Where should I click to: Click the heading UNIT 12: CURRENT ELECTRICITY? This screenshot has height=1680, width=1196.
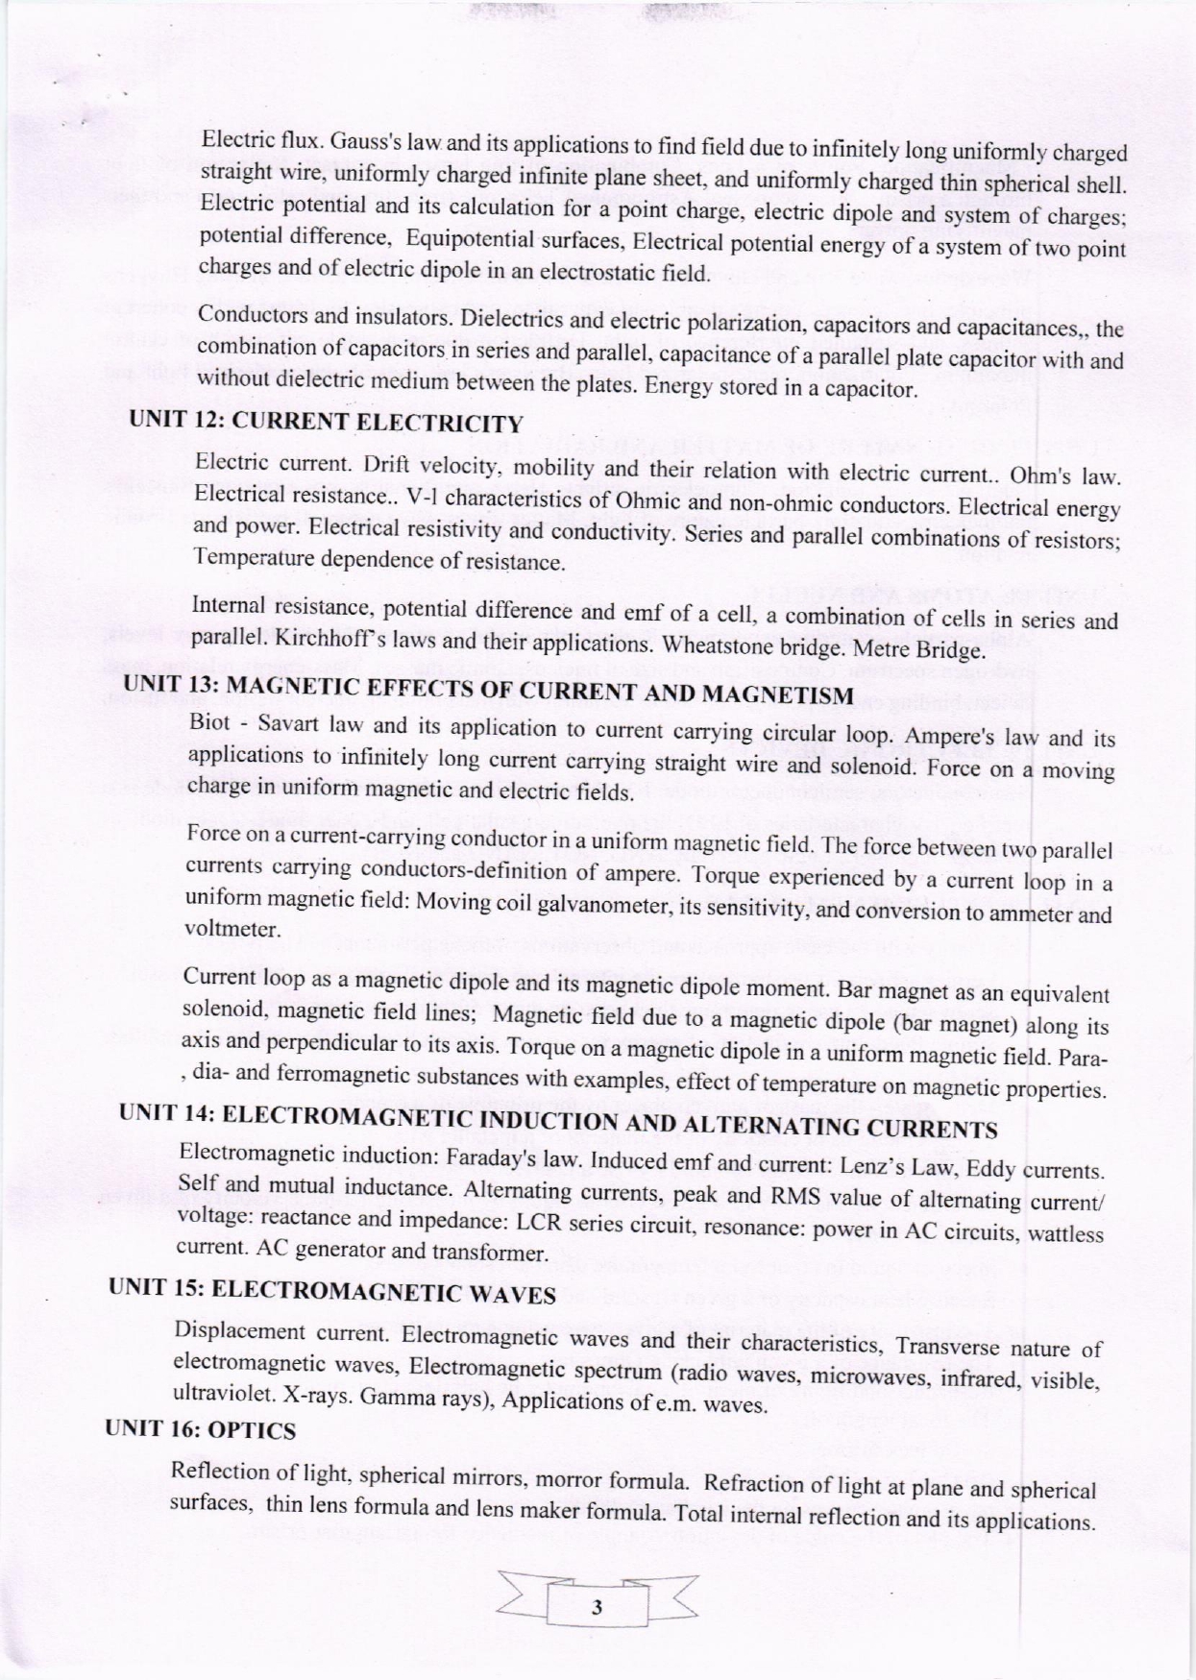[327, 421]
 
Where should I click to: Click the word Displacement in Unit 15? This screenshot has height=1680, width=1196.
[236, 1331]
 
